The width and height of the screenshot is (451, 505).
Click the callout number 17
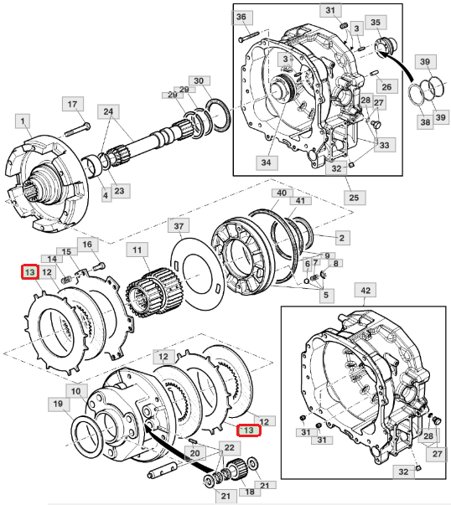[73, 105]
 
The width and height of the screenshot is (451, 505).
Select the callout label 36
[241, 17]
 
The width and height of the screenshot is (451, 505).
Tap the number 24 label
[108, 111]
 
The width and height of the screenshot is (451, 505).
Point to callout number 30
[199, 81]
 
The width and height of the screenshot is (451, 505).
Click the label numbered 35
[376, 23]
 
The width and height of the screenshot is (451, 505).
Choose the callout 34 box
[266, 162]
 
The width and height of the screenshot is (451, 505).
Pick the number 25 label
[354, 198]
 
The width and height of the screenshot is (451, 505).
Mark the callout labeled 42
[365, 291]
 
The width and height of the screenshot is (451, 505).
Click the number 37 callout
[179, 226]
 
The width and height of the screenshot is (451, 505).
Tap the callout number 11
[137, 250]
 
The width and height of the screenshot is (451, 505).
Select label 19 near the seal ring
[58, 404]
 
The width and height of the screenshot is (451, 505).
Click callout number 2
[342, 238]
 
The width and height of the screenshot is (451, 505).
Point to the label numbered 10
[76, 391]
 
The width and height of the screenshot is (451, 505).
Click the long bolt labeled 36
[249, 36]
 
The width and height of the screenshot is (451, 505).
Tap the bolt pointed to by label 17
[77, 129]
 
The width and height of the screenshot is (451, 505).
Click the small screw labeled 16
[99, 266]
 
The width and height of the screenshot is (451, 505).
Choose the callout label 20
[195, 453]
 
